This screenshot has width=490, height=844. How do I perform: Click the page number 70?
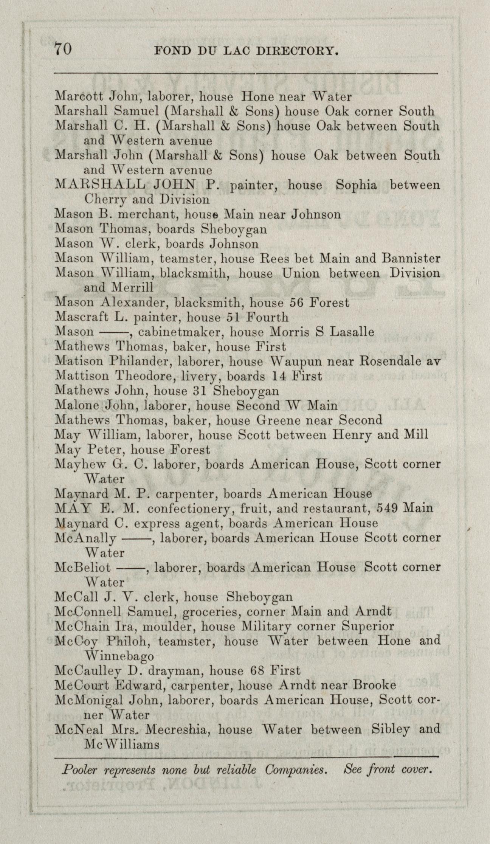[x=63, y=49]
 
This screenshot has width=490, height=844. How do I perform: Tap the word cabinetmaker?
[x=181, y=332]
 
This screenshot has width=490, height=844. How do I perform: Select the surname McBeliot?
[x=83, y=567]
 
